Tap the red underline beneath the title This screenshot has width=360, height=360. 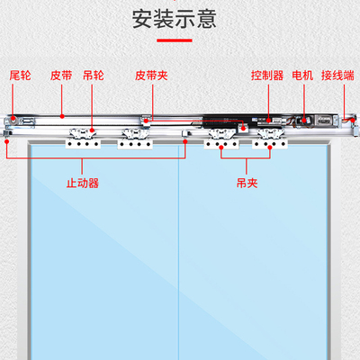[x=179, y=40]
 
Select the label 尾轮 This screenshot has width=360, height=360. [x=20, y=77]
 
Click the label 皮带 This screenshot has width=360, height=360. [x=61, y=77]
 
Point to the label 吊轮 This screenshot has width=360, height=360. [x=93, y=77]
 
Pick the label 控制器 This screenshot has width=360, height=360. [x=266, y=77]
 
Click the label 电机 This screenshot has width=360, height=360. [x=302, y=77]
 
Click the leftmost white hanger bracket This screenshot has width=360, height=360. [x=80, y=139]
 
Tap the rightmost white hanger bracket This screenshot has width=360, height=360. [x=273, y=139]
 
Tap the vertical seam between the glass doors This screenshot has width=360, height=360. [x=179, y=252]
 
